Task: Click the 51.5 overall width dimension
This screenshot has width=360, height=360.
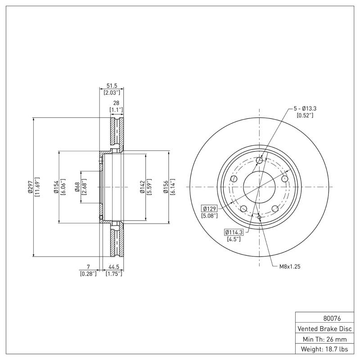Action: [x=112, y=85]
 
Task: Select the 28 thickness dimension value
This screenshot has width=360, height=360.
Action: [x=116, y=103]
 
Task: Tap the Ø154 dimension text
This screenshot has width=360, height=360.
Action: [x=56, y=187]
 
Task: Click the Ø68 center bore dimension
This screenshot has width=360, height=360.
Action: [x=77, y=187]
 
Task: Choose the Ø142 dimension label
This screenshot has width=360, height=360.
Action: [x=142, y=187]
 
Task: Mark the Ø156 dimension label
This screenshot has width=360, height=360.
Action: [x=166, y=187]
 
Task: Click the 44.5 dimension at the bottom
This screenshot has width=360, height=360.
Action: [x=113, y=266]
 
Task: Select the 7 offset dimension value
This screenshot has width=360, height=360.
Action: [x=88, y=266]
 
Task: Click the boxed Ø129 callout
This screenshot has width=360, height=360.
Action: [x=210, y=208]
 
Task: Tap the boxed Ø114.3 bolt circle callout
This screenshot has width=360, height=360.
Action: [x=234, y=232]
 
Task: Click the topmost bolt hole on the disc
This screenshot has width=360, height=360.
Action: [x=259, y=161]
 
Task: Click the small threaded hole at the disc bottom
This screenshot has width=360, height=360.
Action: [x=260, y=217]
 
